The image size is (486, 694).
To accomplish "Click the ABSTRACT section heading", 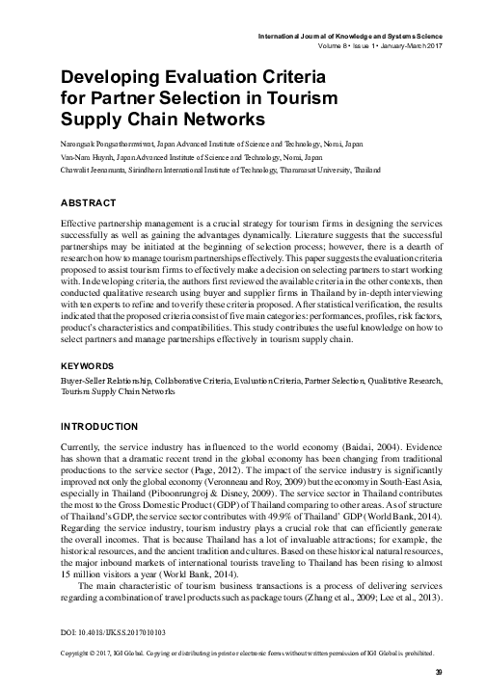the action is pos(89,202).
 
